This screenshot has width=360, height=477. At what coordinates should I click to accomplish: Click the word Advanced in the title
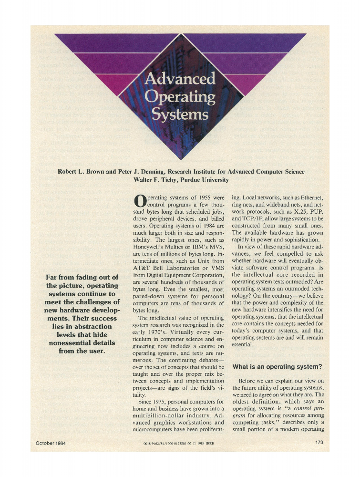click(180, 79)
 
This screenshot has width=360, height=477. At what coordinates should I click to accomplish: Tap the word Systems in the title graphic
click(180, 114)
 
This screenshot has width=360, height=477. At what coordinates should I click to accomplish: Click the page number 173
click(319, 443)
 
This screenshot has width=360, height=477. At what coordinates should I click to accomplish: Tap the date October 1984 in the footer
click(51, 443)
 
